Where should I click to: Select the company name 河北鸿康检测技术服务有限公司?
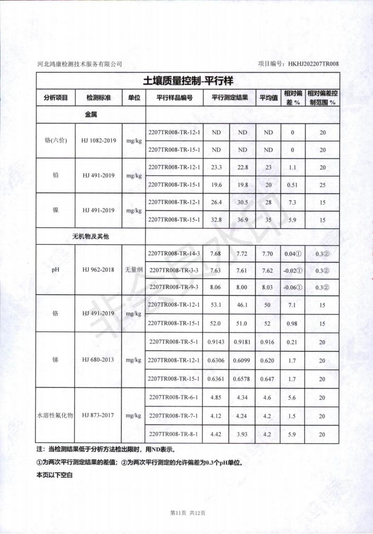79,64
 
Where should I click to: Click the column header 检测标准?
98,98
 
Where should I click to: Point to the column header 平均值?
269,98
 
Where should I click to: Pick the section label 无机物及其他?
90,236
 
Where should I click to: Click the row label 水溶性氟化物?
55,415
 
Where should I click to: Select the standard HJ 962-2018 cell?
98,270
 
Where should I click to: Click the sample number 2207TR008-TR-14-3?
174,254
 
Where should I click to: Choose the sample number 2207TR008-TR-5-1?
174,341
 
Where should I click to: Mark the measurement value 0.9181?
242,341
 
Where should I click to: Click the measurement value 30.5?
242,202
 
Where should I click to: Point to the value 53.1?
216,305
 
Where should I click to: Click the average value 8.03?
268,287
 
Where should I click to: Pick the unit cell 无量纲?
134,270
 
